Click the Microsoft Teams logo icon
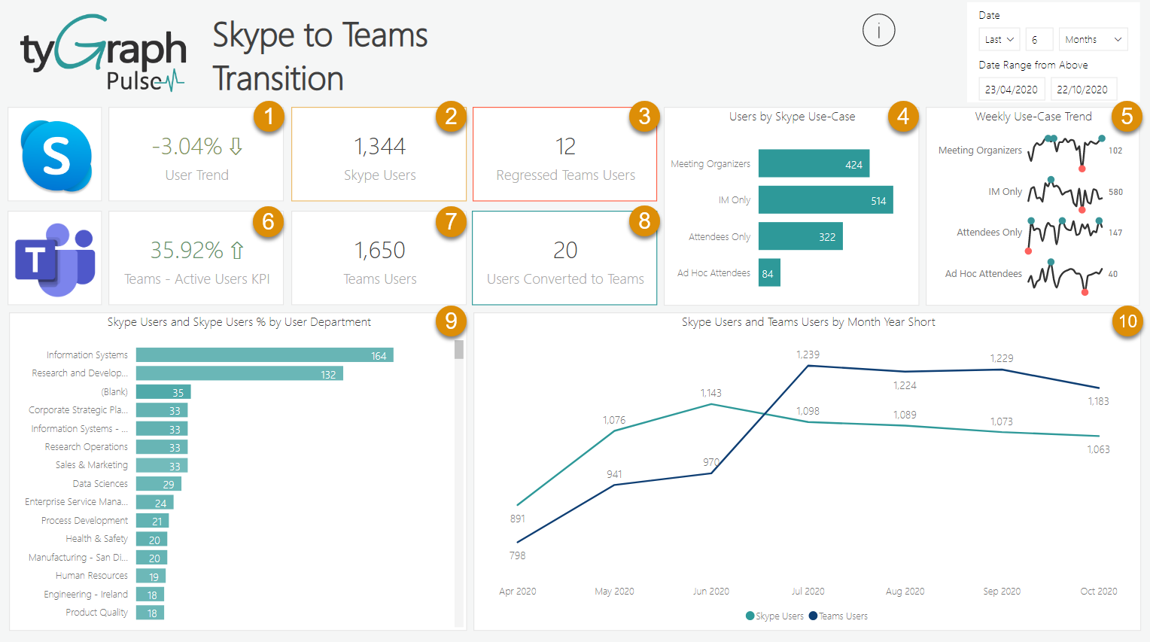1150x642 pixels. pyautogui.click(x=55, y=259)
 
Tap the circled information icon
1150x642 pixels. pyautogui.click(x=878, y=31)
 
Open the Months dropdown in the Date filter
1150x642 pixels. pyautogui.click(x=1093, y=39)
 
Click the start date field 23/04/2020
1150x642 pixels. pyautogui.click(x=1011, y=90)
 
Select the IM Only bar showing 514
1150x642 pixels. pyautogui.click(x=825, y=200)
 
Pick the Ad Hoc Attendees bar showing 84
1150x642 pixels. pyautogui.click(x=768, y=273)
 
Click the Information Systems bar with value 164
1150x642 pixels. pyautogui.click(x=264, y=355)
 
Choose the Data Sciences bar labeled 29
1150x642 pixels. pyautogui.click(x=158, y=484)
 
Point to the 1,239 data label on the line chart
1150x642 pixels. pyautogui.click(x=808, y=354)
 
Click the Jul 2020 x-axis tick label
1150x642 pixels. pyautogui.click(x=808, y=592)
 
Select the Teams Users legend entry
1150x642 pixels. pyautogui.click(x=838, y=616)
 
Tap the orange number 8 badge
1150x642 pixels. pyautogui.click(x=644, y=221)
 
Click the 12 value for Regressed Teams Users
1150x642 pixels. pyautogui.click(x=565, y=147)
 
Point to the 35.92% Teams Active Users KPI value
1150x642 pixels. pyautogui.click(x=187, y=250)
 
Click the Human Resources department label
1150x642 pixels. pyautogui.click(x=91, y=576)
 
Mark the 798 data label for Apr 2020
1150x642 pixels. pyautogui.click(x=517, y=555)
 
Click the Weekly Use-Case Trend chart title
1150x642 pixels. pyautogui.click(x=1033, y=117)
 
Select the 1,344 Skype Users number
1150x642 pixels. pyautogui.click(x=379, y=147)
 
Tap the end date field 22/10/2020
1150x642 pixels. pyautogui.click(x=1082, y=90)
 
